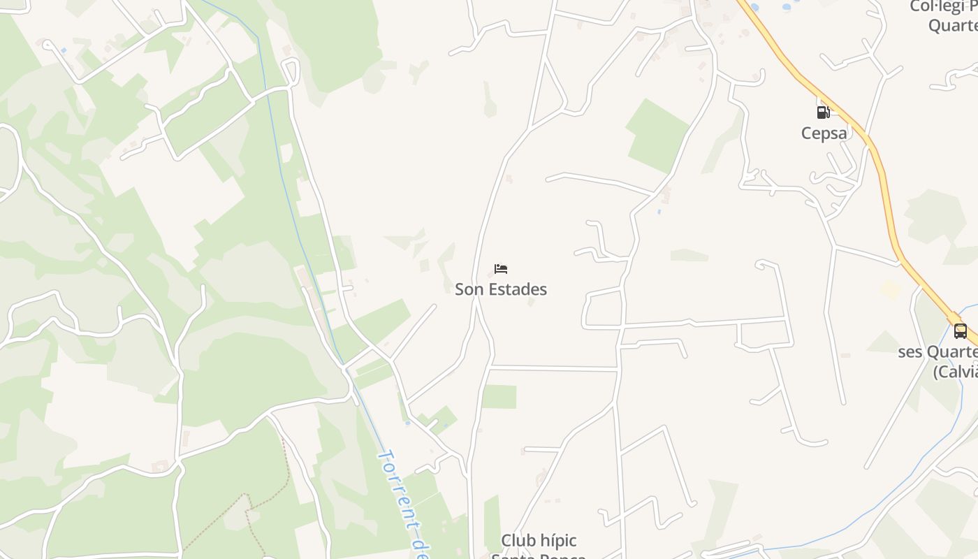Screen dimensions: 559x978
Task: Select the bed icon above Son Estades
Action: (x=500, y=269)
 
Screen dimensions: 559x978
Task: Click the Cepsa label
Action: (x=824, y=133)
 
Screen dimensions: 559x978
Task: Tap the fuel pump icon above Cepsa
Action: (x=824, y=112)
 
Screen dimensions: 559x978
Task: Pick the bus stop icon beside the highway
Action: (x=961, y=331)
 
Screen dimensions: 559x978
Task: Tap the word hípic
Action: (x=559, y=541)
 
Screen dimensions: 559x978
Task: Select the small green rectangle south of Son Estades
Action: (x=499, y=397)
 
